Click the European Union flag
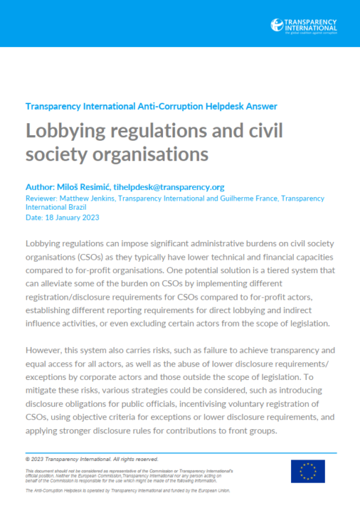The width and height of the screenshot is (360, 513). [x=308, y=471]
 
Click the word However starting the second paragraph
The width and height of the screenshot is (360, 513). [x=46, y=350]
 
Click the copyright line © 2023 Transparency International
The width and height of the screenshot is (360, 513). [x=91, y=458]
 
